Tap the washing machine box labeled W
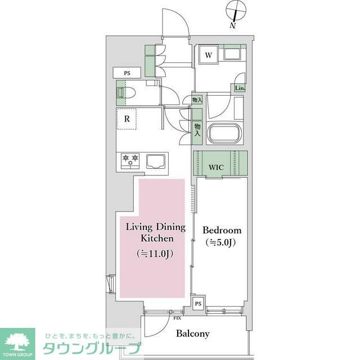pyautogui.click(x=208, y=55)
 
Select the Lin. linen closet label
pyautogui.click(x=240, y=88)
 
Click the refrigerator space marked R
pyautogui.click(x=128, y=119)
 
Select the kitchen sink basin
pyautogui.click(x=157, y=161)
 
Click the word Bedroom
pyautogui.click(x=222, y=231)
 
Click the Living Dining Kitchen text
pyautogui.click(x=155, y=233)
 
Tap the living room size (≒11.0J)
pyautogui.click(x=155, y=254)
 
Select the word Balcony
pyautogui.click(x=192, y=334)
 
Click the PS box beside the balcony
pyautogui.click(x=198, y=303)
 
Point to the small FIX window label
pyautogui.click(x=176, y=316)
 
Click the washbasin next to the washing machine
pyautogui.click(x=232, y=55)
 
